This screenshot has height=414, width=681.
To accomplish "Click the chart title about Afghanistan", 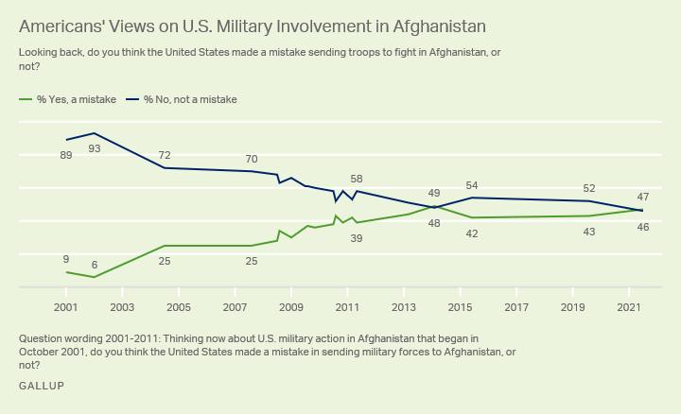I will pyautogui.click(x=253, y=26).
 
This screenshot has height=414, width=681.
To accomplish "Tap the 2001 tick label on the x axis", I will pyautogui.click(x=66, y=307).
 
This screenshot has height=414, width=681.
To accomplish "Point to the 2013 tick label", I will pyautogui.click(x=404, y=307).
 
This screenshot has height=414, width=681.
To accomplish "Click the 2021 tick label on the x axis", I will pyautogui.click(x=630, y=307).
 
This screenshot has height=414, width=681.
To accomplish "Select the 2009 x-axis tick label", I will pyautogui.click(x=291, y=307).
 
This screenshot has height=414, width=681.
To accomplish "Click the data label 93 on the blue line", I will pyautogui.click(x=95, y=148).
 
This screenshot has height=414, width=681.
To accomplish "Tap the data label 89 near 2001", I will pyautogui.click(x=66, y=155).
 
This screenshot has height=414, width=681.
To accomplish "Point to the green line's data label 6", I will pyautogui.click(x=95, y=266).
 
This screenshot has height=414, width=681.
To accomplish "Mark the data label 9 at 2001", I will pyautogui.click(x=66, y=259).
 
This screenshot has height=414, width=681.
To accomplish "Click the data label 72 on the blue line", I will pyautogui.click(x=165, y=155).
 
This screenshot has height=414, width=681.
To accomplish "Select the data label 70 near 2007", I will pyautogui.click(x=252, y=160).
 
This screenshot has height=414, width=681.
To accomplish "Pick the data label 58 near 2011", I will pyautogui.click(x=357, y=179).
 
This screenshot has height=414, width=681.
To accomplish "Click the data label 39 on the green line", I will pyautogui.click(x=357, y=238).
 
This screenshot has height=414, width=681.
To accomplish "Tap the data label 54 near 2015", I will pyautogui.click(x=472, y=185).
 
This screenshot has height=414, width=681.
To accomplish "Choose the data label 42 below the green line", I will pyautogui.click(x=472, y=233).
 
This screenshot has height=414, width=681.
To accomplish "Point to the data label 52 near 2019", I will pyautogui.click(x=589, y=188).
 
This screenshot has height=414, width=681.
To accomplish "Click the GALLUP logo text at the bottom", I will pyautogui.click(x=42, y=387).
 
